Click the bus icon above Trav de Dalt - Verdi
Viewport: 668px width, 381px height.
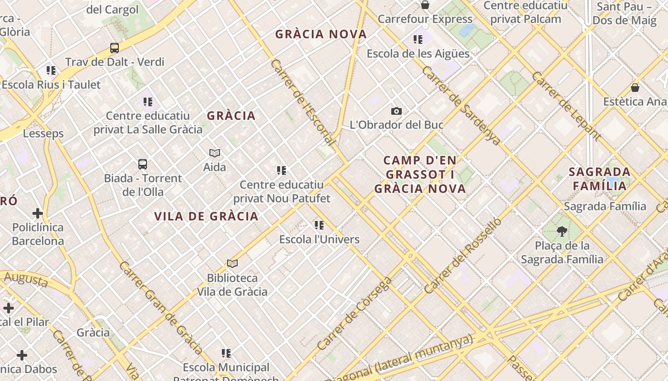click(x=115, y=48)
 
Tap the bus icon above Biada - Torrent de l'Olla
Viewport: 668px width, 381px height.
click(x=143, y=164)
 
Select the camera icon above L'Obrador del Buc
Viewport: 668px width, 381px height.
click(x=396, y=111)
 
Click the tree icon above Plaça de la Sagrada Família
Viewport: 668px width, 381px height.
click(x=562, y=232)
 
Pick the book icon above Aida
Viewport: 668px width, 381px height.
click(x=215, y=153)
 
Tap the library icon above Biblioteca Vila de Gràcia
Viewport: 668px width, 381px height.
click(x=232, y=263)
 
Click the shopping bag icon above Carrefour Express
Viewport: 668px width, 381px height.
click(x=425, y=5)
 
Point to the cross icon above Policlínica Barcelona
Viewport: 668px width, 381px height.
click(x=38, y=213)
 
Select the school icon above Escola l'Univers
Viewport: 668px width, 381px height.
click(x=319, y=225)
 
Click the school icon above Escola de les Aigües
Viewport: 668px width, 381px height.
click(x=418, y=40)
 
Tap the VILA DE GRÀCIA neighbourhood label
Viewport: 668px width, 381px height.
click(x=206, y=216)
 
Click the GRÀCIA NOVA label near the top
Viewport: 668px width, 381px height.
click(x=321, y=34)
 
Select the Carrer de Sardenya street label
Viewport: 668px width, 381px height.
click(x=461, y=105)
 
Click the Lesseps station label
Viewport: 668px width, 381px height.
click(x=43, y=133)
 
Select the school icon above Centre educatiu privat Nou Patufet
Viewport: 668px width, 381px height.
click(x=282, y=170)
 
